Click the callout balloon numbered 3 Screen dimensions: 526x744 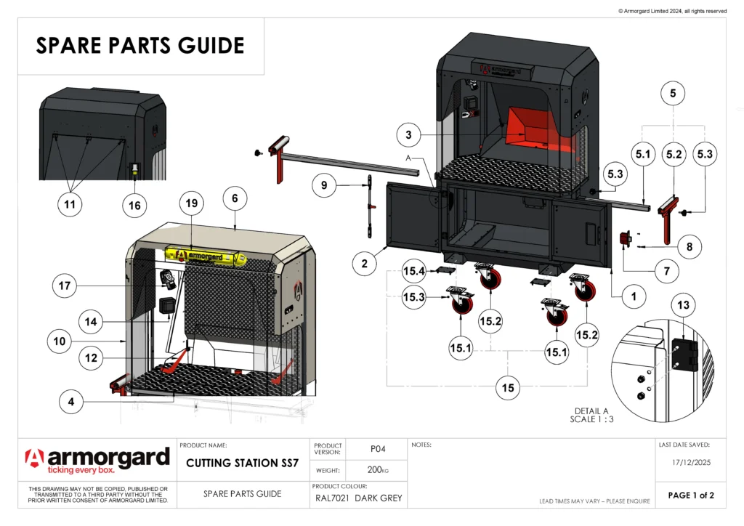click(x=409, y=135)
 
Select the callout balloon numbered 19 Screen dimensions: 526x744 click(x=191, y=204)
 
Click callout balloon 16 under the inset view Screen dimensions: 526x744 click(x=134, y=206)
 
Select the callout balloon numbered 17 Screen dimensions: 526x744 click(x=65, y=286)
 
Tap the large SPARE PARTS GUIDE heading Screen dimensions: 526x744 click(x=140, y=46)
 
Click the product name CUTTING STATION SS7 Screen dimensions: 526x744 click(x=243, y=464)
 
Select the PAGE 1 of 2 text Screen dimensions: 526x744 click(x=691, y=495)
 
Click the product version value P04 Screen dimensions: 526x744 click(x=377, y=449)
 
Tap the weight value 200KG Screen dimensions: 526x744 click(x=377, y=471)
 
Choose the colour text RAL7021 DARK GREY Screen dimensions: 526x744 click(x=358, y=498)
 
